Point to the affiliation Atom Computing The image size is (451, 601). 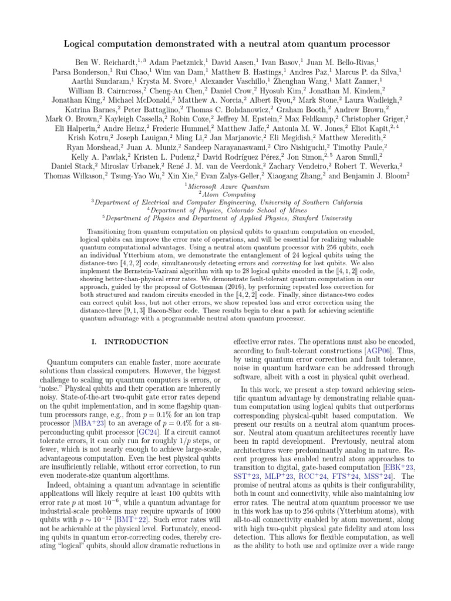[x=227, y=194]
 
